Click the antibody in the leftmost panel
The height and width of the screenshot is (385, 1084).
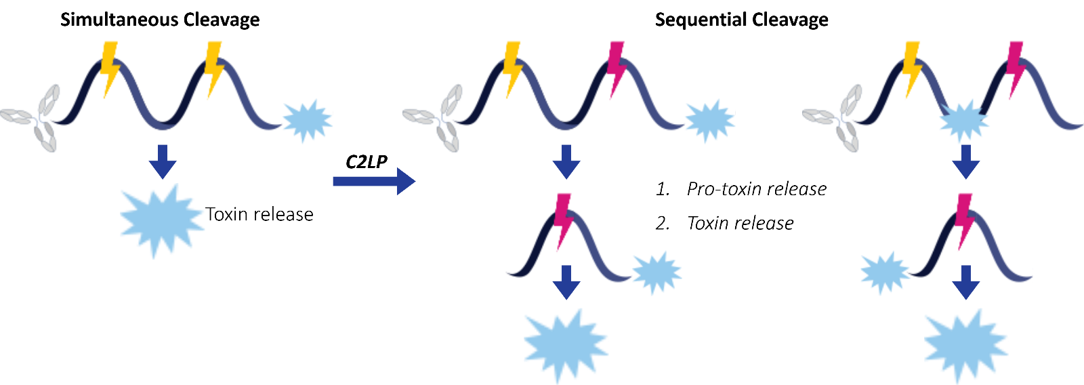click(34, 119)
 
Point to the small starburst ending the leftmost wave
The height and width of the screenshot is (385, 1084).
click(307, 121)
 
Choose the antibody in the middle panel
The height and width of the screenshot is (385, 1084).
click(436, 119)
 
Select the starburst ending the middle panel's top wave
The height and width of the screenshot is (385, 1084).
click(709, 121)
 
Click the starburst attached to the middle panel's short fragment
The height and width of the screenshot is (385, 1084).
click(656, 272)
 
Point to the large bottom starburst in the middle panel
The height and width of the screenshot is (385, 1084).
click(566, 344)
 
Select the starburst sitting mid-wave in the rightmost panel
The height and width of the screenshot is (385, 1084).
click(963, 121)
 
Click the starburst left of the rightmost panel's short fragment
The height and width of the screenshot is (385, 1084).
click(885, 273)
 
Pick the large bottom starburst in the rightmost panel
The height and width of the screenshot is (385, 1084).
click(966, 344)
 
